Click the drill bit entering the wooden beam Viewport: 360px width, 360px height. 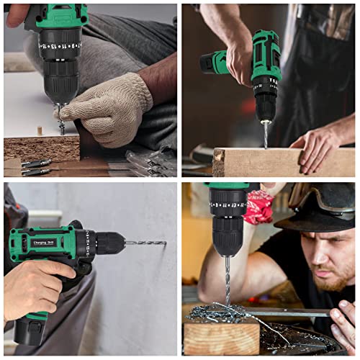tap(266, 134)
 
